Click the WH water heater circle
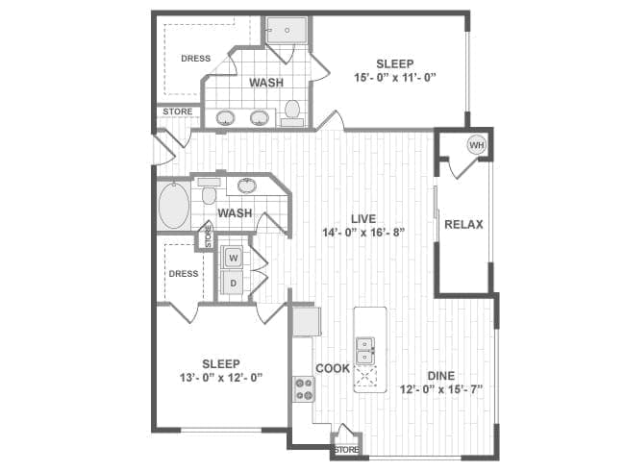click(x=477, y=144)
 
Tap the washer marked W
click(x=234, y=258)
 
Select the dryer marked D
click(x=234, y=283)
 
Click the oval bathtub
click(x=174, y=206)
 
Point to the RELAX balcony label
click(x=463, y=224)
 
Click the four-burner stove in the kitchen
click(x=304, y=389)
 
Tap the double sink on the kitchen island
click(x=364, y=351)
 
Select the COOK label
click(x=333, y=368)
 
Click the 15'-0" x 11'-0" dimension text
click(x=394, y=77)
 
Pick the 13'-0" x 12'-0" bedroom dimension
click(x=221, y=377)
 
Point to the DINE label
click(x=440, y=376)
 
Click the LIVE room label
click(x=363, y=218)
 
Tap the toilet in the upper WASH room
click(x=292, y=112)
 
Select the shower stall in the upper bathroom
click(x=287, y=30)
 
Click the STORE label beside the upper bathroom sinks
click(x=177, y=112)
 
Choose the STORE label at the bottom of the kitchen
click(x=346, y=450)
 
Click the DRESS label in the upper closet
click(x=196, y=59)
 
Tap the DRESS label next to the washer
click(x=184, y=274)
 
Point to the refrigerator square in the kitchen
click(x=306, y=321)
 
